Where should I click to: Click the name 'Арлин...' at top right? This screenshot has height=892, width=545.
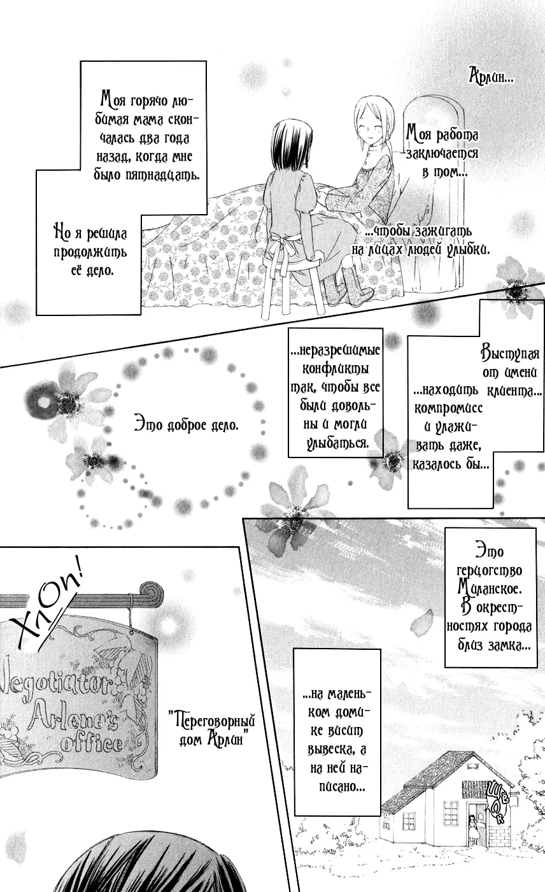(x=492, y=76)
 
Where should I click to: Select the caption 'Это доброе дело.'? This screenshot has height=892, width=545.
(x=187, y=426)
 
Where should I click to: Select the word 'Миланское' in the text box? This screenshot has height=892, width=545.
(x=490, y=587)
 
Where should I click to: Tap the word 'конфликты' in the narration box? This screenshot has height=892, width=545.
(x=336, y=368)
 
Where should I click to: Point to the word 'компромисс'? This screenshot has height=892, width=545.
(x=448, y=408)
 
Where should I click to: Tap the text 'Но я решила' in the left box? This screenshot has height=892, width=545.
(x=90, y=234)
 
